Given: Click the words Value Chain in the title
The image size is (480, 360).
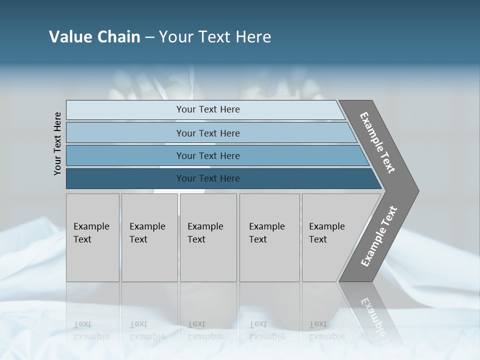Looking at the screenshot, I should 94,37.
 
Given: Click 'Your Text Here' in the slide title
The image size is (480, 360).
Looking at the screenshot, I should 215,37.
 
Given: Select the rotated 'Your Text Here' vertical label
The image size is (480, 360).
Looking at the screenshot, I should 57,143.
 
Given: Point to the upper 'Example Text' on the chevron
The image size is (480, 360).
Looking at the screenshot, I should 377,142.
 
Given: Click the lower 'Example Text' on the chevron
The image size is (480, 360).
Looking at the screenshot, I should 379,236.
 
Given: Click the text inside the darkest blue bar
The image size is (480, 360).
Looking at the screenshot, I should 208,178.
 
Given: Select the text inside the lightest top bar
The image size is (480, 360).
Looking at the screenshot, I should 208,109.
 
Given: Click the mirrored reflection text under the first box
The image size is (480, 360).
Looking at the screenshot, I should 91,330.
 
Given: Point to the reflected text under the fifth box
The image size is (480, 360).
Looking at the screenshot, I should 326,330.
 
